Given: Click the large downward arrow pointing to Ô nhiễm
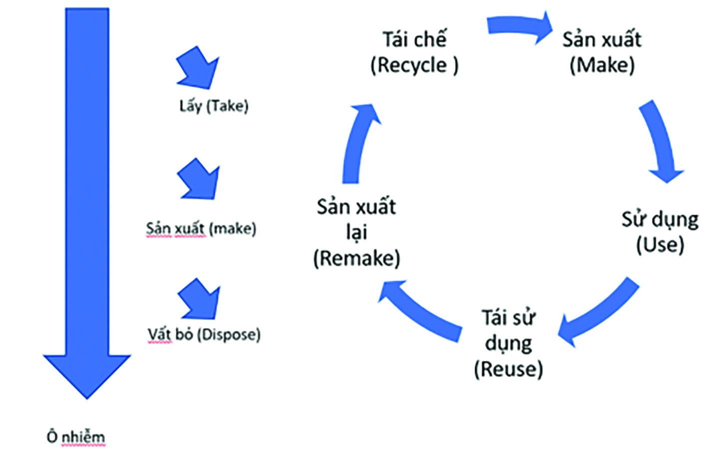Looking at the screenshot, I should [87, 200].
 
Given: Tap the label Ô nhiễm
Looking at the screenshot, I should [76, 437].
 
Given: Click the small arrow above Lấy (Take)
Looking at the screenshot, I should [198, 68].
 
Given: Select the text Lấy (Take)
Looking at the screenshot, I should [214, 106].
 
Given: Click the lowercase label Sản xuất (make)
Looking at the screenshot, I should [201, 229].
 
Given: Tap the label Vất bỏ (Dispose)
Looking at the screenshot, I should [204, 334].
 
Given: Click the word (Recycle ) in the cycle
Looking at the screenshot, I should [414, 65].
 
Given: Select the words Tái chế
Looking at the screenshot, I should [414, 39].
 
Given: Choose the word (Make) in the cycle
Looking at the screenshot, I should [602, 65].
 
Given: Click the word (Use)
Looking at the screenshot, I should [660, 245].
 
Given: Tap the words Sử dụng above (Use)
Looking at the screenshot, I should [660, 219].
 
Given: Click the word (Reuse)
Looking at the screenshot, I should [508, 369].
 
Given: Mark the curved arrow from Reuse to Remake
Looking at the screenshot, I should [420, 312].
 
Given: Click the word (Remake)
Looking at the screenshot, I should [357, 258].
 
